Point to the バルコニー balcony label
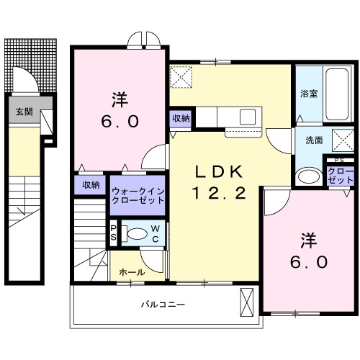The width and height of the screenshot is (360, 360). point(163,305)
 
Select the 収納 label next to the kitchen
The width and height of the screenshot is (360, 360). point(181,118)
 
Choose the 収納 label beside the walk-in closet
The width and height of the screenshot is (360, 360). point(90,185)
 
